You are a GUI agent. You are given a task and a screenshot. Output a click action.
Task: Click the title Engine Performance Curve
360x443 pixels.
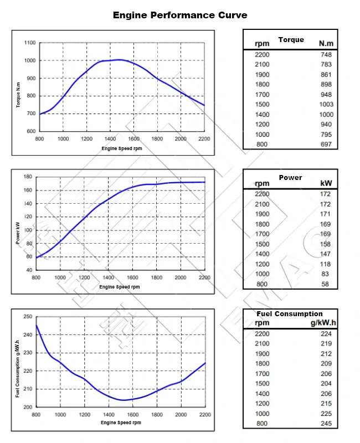(180, 15)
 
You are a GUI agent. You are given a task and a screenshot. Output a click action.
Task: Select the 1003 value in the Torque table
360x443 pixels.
(326, 104)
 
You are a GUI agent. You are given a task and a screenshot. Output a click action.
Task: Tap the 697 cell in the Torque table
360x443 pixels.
(326, 145)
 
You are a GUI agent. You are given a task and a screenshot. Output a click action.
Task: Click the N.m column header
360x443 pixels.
(326, 43)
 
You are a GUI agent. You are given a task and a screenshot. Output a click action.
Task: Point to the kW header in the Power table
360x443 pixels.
(326, 183)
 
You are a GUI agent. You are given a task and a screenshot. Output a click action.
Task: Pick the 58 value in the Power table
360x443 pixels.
(326, 284)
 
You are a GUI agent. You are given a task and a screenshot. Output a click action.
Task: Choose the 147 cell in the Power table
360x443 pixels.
(326, 254)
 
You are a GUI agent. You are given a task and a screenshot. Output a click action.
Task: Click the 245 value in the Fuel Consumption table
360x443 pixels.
(326, 424)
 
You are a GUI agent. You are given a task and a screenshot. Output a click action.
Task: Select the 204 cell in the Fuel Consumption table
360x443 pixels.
(326, 384)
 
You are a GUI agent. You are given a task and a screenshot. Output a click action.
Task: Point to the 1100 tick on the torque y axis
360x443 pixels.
(30, 43)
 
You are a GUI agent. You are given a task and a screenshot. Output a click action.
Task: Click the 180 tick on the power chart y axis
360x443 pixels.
(28, 177)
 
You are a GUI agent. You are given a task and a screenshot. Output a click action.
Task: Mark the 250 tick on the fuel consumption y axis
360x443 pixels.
(28, 317)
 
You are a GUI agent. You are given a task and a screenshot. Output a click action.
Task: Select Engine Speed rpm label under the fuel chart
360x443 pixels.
(120, 423)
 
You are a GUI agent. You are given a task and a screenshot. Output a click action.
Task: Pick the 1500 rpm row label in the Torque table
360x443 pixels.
(262, 104)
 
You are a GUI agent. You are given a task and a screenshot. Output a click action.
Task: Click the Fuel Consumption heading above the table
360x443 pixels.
(290, 313)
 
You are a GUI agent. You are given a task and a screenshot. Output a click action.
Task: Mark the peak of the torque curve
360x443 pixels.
(119, 59)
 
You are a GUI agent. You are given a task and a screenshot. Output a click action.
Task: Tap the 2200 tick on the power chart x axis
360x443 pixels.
(204, 277)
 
